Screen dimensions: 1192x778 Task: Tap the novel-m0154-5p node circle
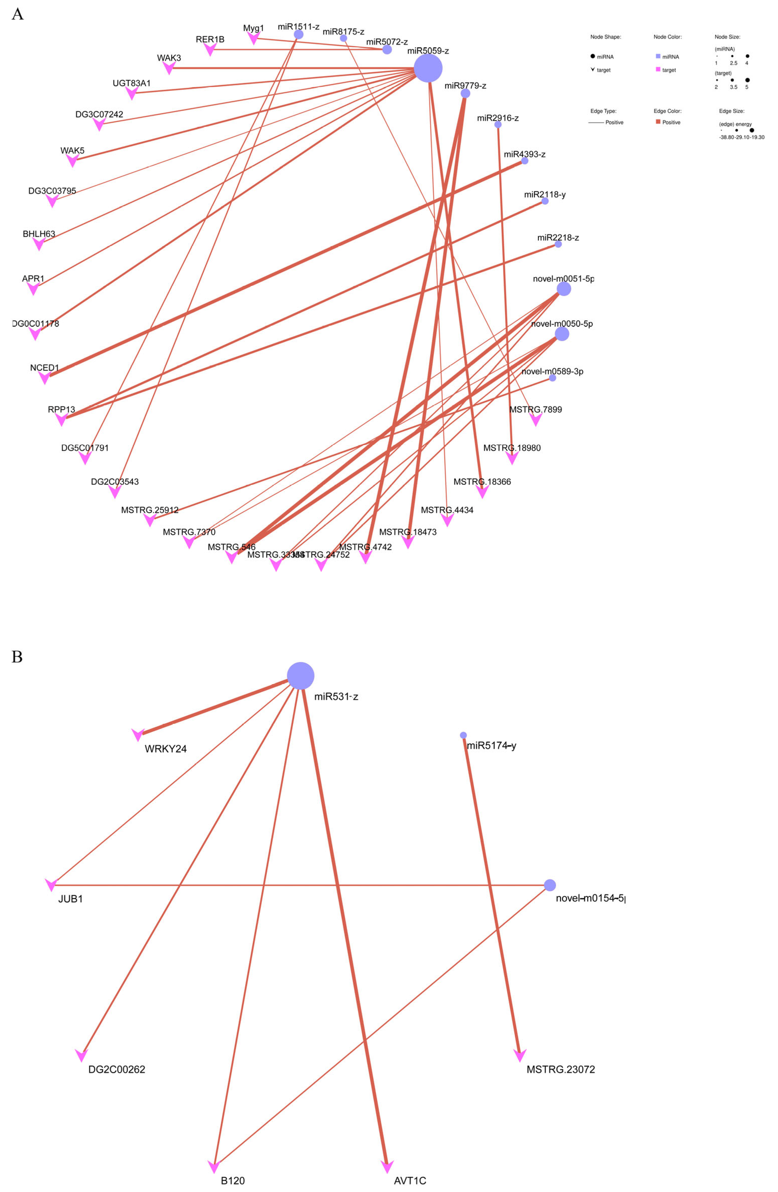(550, 885)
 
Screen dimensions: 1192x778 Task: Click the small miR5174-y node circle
(463, 735)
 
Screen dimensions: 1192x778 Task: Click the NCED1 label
(45, 368)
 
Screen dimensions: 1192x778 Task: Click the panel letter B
(17, 657)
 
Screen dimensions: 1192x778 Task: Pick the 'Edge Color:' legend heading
(667, 111)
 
